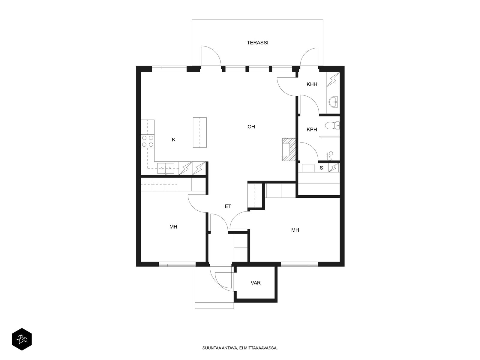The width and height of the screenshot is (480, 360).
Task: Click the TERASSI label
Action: [257, 43]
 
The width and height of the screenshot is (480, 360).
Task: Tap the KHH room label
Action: [312, 84]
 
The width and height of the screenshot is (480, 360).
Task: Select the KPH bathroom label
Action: [312, 130]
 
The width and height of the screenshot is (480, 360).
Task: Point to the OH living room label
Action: [251, 127]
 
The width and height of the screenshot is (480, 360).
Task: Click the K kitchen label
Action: [173, 140]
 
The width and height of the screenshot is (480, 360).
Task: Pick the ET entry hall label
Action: [228, 206]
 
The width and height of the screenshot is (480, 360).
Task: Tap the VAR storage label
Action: [255, 283]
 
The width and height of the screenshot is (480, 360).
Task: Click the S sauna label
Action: [321, 168]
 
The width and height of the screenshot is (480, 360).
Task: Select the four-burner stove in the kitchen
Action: [148, 141]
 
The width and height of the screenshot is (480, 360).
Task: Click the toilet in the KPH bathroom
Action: [332, 126]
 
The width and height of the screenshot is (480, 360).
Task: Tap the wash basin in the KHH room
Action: [334, 102]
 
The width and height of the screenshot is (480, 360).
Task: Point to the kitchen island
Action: [200, 133]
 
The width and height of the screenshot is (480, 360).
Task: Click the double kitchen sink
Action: [166, 168]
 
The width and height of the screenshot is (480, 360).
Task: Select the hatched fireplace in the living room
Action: [289, 150]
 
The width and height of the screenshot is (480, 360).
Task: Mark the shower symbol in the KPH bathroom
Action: [329, 156]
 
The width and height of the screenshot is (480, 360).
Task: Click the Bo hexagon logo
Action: [22, 339]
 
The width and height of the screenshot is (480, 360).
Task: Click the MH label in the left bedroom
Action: [173, 227]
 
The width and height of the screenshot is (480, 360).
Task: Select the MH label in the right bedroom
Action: [295, 230]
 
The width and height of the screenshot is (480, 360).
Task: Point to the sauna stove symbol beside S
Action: [334, 168]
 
